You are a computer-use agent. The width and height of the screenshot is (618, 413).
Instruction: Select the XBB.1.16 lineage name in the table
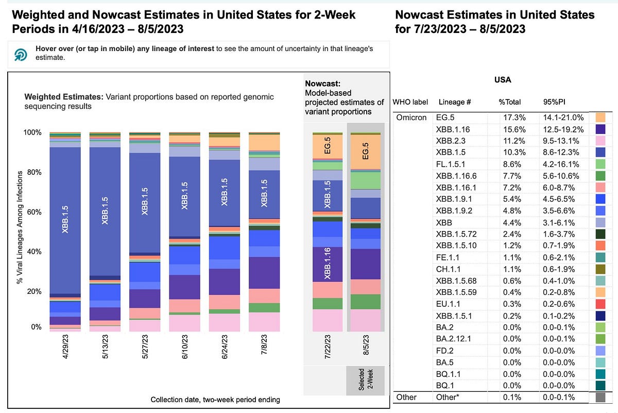(454, 129)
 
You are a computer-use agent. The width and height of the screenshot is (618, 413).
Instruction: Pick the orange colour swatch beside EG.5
(600, 118)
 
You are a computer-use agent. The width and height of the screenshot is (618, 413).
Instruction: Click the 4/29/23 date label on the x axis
(65, 350)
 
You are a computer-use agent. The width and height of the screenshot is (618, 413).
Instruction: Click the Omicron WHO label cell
(411, 118)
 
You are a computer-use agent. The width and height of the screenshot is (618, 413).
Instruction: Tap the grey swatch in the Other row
(600, 397)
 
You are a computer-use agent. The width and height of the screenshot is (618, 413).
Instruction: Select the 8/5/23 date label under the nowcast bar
(365, 350)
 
